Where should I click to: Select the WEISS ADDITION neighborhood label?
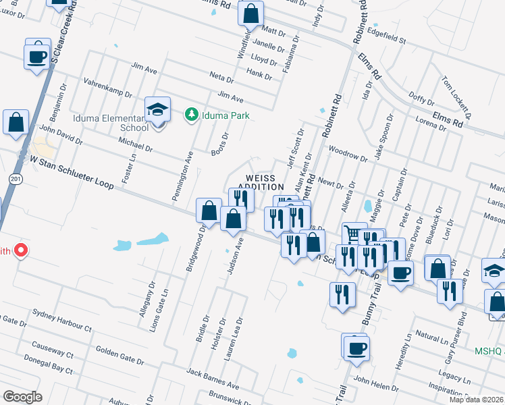tap(261, 182)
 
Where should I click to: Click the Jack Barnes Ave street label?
tap(213, 379)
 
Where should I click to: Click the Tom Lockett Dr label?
tap(454, 91)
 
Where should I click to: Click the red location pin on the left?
tap(21, 250)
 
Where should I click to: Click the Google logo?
tap(23, 396)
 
